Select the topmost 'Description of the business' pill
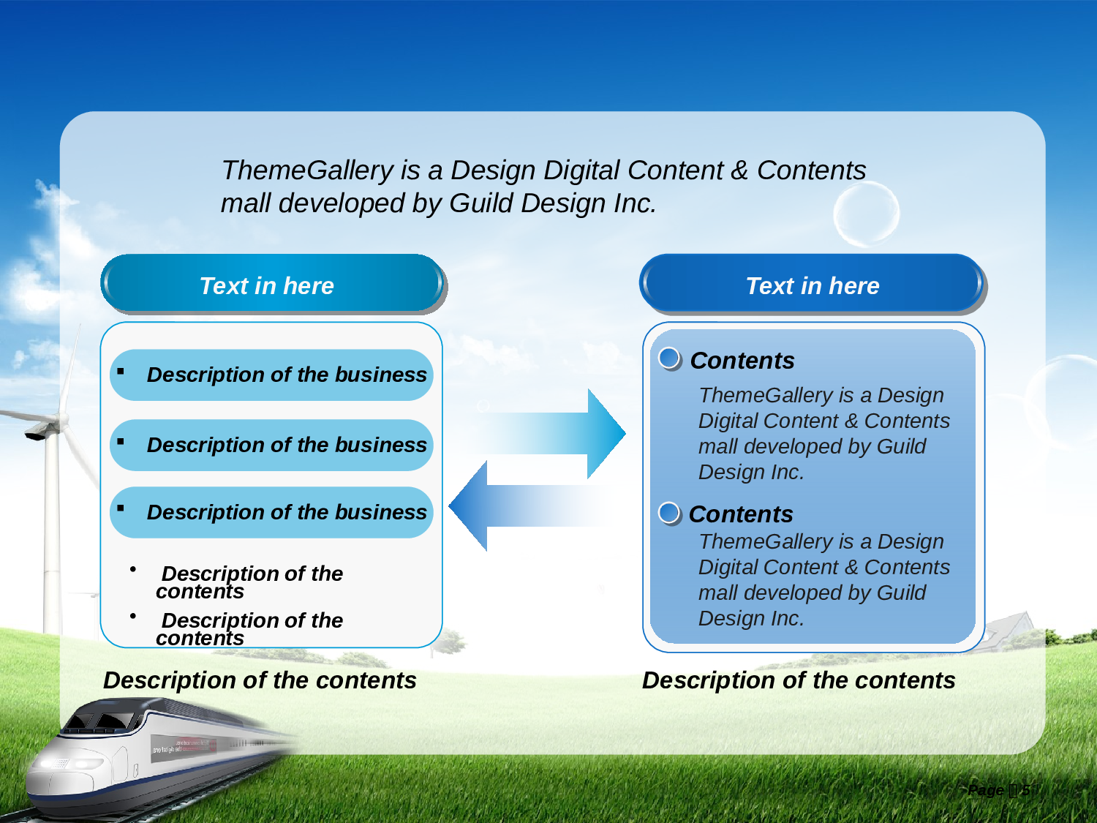tap(271, 375)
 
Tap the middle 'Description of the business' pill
tap(271, 445)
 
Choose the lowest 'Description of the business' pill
tap(271, 512)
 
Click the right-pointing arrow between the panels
tap(555, 433)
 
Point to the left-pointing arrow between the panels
tap(529, 506)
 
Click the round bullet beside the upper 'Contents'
tap(670, 358)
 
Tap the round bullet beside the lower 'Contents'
tap(670, 513)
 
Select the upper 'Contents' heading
tap(742, 360)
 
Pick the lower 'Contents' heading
tap(741, 514)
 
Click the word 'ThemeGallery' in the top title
tap(308, 170)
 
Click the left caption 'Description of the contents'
tap(260, 680)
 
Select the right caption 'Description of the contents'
tap(799, 680)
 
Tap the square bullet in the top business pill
tap(121, 371)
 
